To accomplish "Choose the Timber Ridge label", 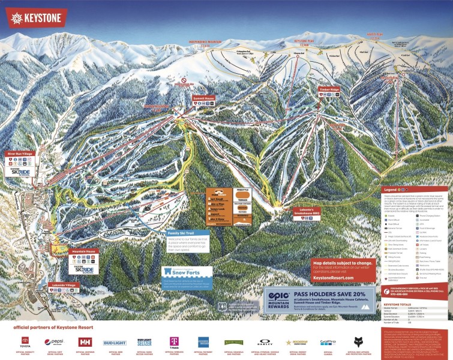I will pyautogui.click(x=329, y=89).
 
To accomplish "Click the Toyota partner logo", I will pyautogui.click(x=26, y=341).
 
